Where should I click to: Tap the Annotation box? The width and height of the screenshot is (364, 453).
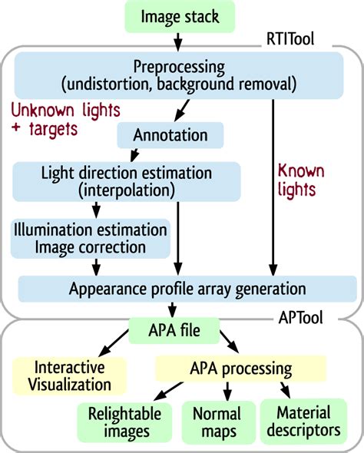point(170,135)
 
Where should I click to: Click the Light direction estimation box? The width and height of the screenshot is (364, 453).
point(127,180)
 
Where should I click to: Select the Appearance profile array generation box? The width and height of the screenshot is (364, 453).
point(187,289)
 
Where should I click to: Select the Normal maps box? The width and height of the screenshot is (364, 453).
point(217,422)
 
